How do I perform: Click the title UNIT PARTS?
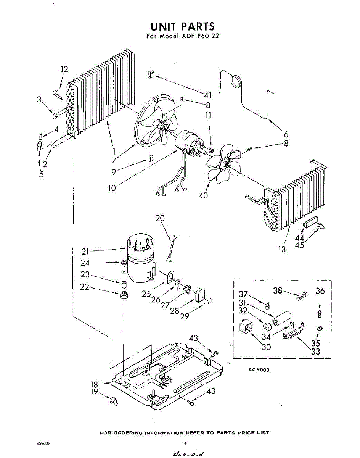click(182, 26)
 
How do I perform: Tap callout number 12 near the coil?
click(64, 69)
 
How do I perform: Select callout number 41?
click(207, 95)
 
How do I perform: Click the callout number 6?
click(286, 134)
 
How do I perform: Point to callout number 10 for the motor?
click(112, 189)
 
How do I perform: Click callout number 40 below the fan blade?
click(203, 196)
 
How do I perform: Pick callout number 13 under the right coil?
click(282, 249)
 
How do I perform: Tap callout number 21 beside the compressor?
click(85, 251)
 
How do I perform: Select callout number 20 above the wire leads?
click(160, 218)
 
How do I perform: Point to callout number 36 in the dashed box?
click(320, 291)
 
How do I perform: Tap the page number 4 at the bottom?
click(185, 443)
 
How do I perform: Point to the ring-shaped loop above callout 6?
click(237, 81)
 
